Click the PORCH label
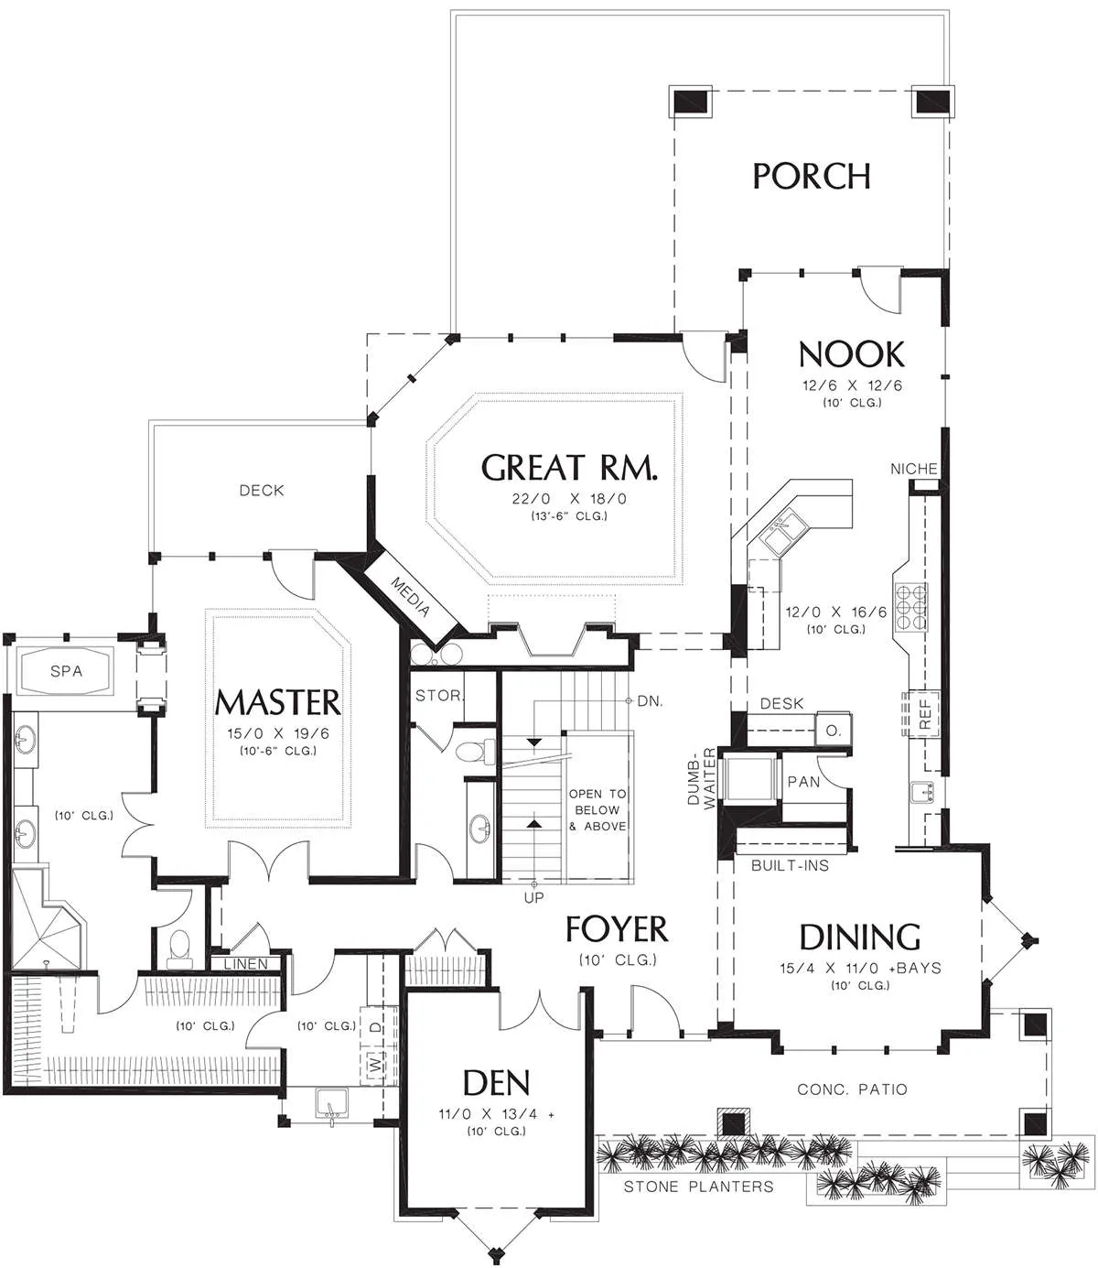(811, 176)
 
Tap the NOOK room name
(852, 354)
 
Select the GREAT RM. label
(569, 468)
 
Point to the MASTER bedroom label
(277, 702)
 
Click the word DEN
(496, 1083)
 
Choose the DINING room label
(859, 937)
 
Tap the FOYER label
(617, 928)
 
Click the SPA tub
(66, 671)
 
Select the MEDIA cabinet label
(410, 597)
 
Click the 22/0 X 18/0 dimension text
(569, 499)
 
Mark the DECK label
(262, 490)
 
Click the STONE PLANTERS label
(698, 1187)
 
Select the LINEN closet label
(245, 964)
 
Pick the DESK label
(781, 704)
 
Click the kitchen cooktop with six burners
(910, 607)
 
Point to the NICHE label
(914, 470)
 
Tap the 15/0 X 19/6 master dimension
(278, 733)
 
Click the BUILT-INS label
(791, 865)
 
